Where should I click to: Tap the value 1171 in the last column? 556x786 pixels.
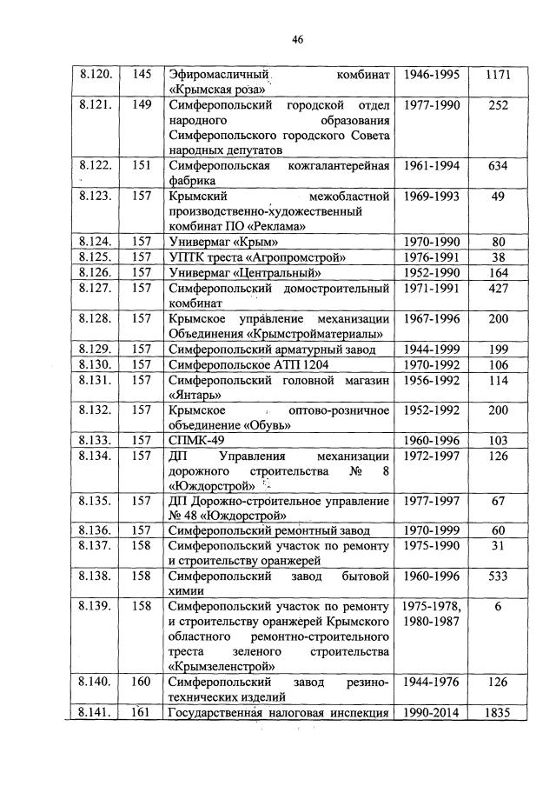pos(498,76)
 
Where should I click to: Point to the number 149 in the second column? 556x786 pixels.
pos(142,106)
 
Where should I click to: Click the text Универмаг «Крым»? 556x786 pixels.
pos(223,241)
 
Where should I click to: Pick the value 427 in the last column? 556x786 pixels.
pos(498,287)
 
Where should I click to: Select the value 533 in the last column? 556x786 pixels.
pos(498,576)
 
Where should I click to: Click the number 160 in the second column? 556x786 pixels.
pos(142,683)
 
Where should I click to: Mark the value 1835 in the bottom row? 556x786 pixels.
pos(498,714)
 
